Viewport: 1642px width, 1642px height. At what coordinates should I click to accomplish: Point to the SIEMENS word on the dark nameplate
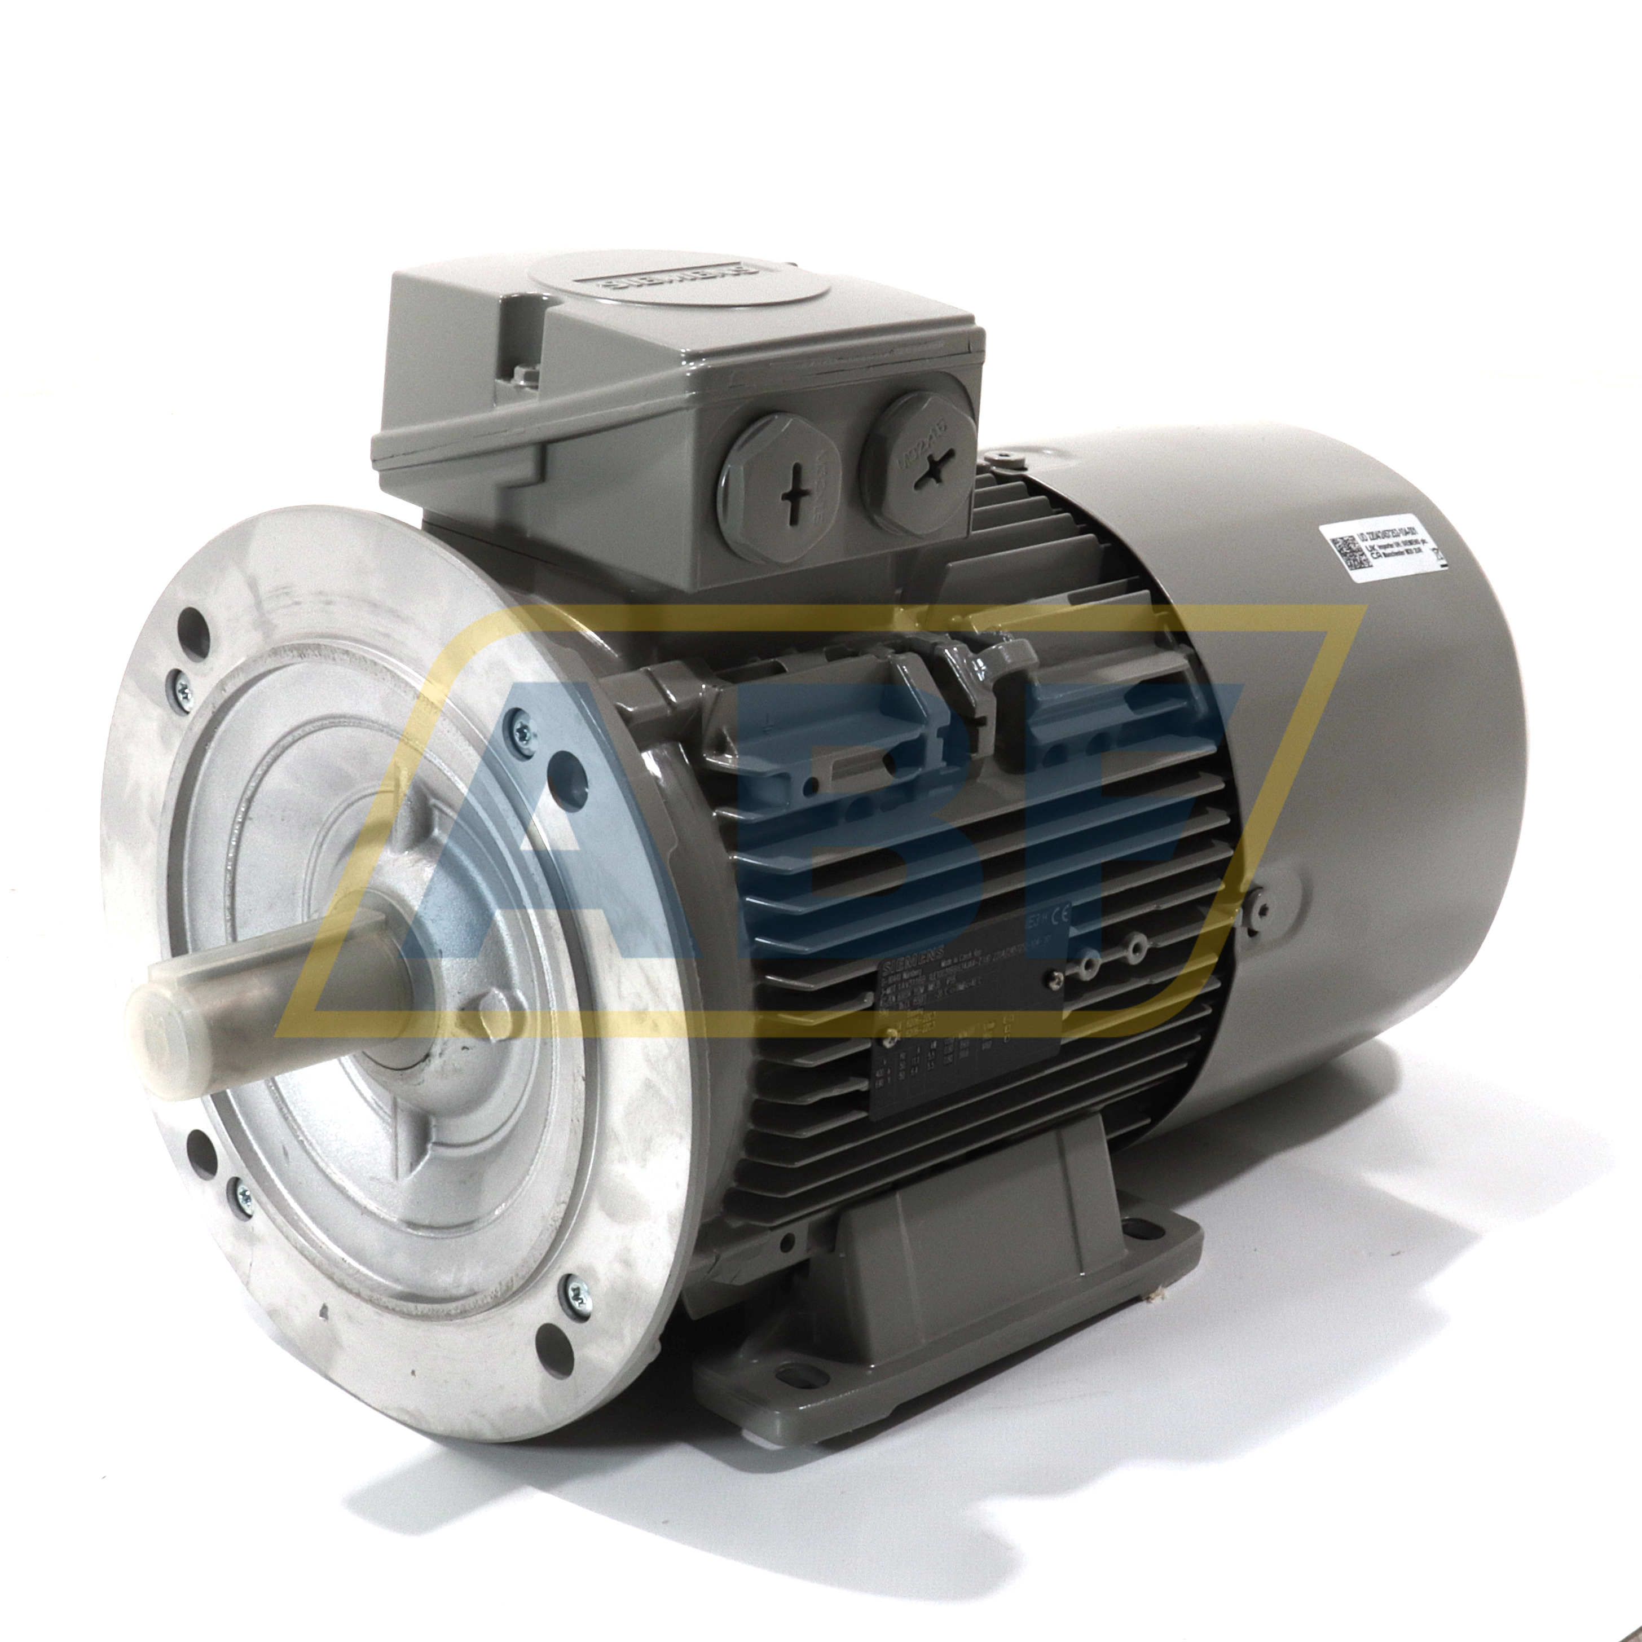[907, 966]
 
